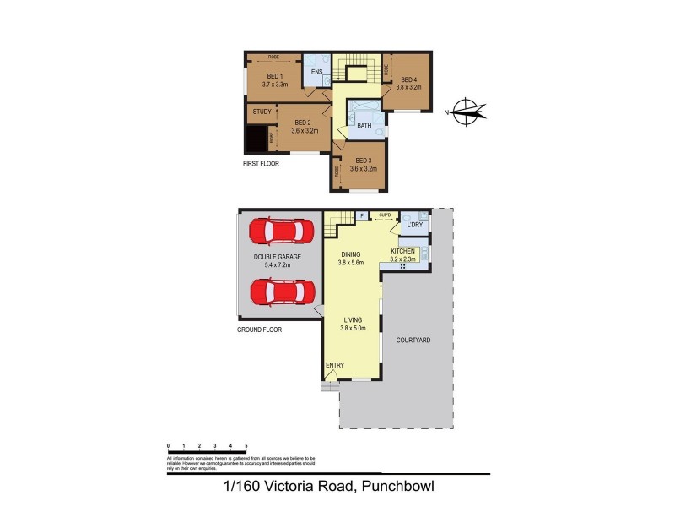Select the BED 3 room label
coord(363,161)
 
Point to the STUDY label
coord(262,111)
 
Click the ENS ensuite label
coord(317,72)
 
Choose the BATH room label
coord(364,126)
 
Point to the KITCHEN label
coord(402,252)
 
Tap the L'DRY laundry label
coord(414,225)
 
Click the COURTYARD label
coord(413,340)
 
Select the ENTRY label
coord(335,365)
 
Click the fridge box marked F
coord(361,216)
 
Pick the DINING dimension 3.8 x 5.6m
coord(352,262)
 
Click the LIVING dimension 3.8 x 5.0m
coord(352,328)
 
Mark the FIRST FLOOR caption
coord(261,164)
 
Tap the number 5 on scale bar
coord(246,445)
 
